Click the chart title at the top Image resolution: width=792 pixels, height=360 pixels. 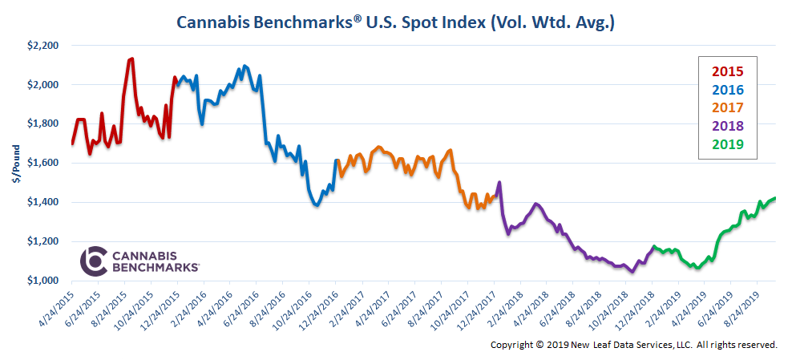tap(395, 22)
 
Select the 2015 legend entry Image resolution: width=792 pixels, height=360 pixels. tap(727, 72)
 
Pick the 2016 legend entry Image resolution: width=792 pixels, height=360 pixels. tap(727, 90)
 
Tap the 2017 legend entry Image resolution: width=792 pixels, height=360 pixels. tap(727, 108)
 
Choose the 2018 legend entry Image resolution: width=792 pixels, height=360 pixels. tap(727, 126)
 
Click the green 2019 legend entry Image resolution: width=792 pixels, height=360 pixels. tap(727, 144)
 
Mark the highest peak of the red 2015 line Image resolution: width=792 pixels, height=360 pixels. tap(131, 59)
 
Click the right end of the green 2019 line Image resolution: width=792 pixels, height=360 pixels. tap(775, 198)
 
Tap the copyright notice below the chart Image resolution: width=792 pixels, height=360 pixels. tap(633, 344)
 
